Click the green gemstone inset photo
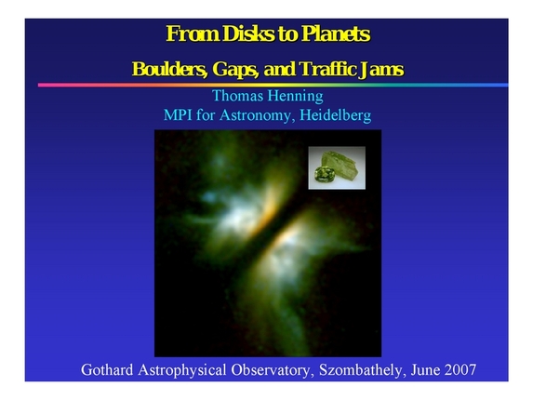click(x=337, y=167)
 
